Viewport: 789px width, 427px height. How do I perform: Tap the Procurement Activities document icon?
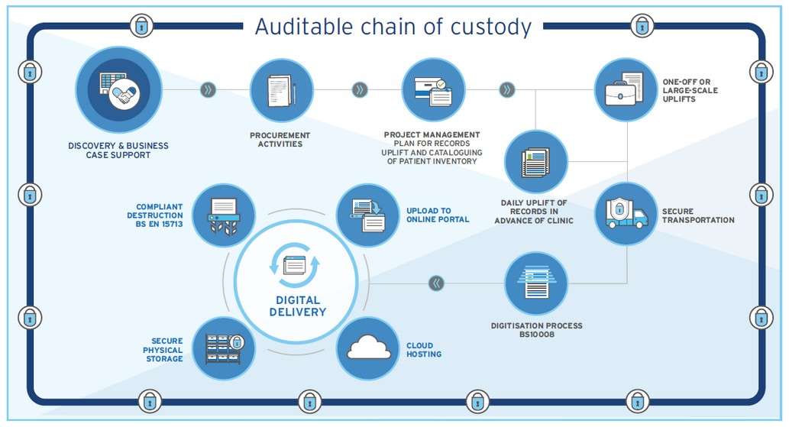(x=281, y=90)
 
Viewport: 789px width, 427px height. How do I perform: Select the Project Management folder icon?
(x=433, y=90)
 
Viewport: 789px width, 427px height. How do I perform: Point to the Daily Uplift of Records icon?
(x=535, y=161)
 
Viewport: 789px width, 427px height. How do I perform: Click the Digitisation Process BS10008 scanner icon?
(x=535, y=283)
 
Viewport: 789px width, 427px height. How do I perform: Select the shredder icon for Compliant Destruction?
(x=224, y=215)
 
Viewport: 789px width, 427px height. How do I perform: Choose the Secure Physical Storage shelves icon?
(x=224, y=348)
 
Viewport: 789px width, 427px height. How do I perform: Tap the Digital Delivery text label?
(x=297, y=306)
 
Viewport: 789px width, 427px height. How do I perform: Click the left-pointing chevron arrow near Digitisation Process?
(x=436, y=283)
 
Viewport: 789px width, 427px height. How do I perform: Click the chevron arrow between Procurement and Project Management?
(x=360, y=90)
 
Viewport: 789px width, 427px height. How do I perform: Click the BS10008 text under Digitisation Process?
(x=536, y=335)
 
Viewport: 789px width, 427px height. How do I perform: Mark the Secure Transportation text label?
(x=697, y=215)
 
